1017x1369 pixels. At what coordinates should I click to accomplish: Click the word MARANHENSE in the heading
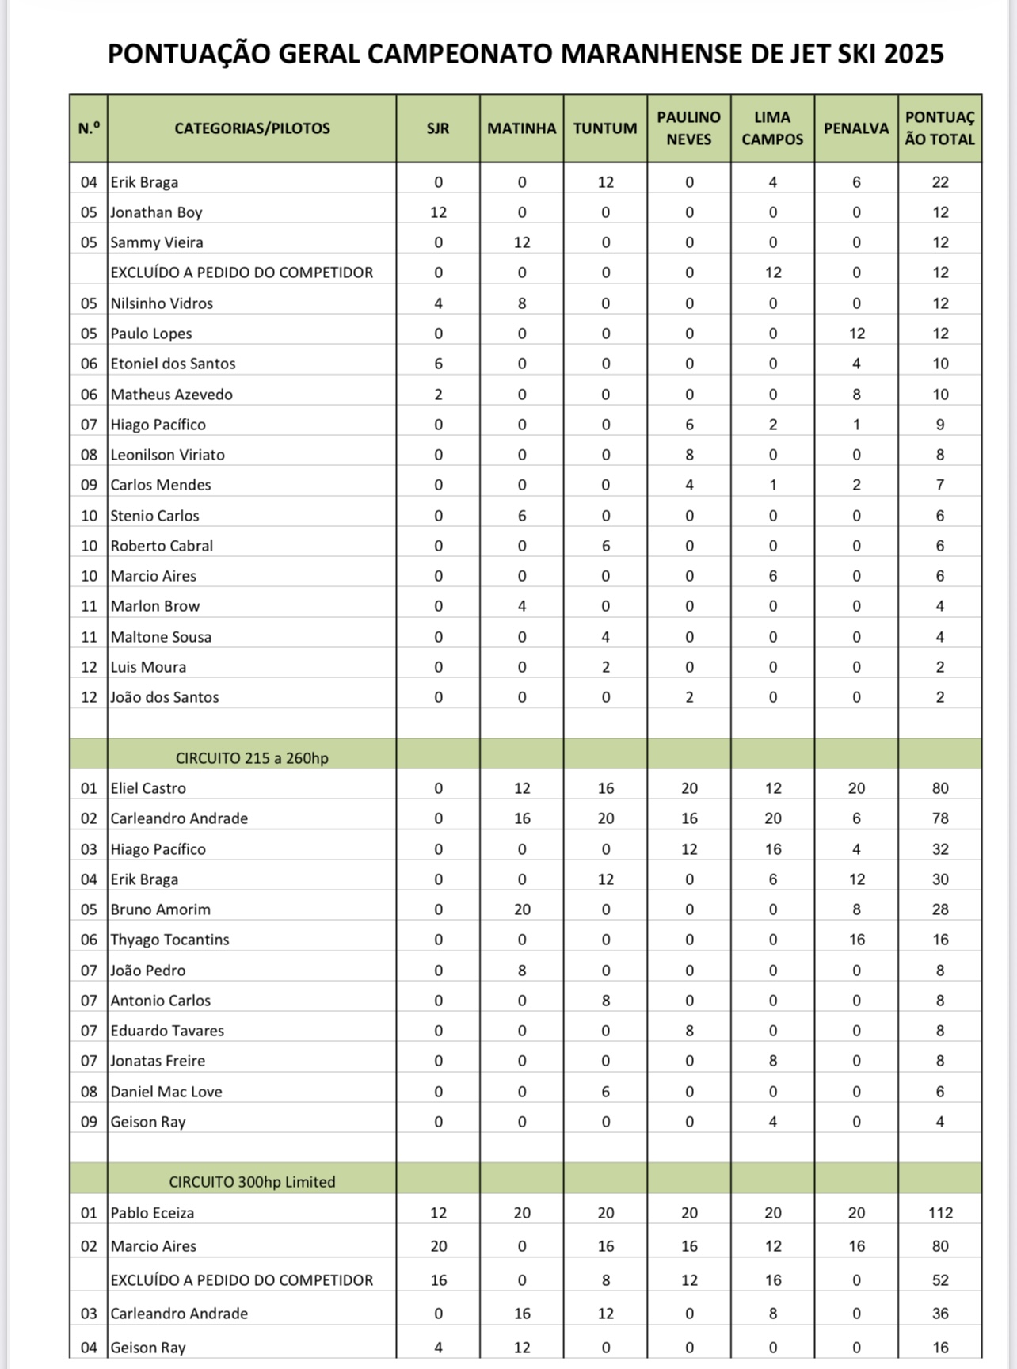coord(650,54)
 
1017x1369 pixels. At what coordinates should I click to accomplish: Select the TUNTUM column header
coord(605,128)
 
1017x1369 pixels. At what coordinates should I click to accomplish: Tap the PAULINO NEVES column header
coord(689,128)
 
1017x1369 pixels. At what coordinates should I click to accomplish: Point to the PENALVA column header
coord(856,128)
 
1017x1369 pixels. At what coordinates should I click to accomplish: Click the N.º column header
coord(89,128)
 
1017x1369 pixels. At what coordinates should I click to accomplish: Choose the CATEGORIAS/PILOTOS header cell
coord(252,128)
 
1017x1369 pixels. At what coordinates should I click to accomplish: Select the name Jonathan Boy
coord(157,212)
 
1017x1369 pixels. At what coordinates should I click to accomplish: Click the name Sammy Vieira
coord(157,242)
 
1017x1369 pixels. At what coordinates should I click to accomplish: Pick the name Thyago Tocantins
coord(169,940)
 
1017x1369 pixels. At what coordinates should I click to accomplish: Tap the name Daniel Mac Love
coord(166,1092)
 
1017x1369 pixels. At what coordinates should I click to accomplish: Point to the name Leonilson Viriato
coord(167,455)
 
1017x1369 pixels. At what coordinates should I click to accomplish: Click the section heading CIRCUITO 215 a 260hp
coord(252,758)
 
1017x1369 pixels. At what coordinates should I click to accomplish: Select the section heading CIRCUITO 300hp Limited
coord(252,1182)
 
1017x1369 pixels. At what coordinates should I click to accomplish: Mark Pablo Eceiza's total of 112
coord(940,1213)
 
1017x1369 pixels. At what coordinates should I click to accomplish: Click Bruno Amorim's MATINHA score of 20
coord(522,909)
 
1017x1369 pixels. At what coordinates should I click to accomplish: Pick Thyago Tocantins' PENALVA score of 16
coord(856,940)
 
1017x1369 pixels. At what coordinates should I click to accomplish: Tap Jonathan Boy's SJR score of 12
coord(438,212)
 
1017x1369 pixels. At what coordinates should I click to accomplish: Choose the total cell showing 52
coord(940,1280)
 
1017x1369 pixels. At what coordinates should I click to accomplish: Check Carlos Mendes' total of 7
coord(940,485)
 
